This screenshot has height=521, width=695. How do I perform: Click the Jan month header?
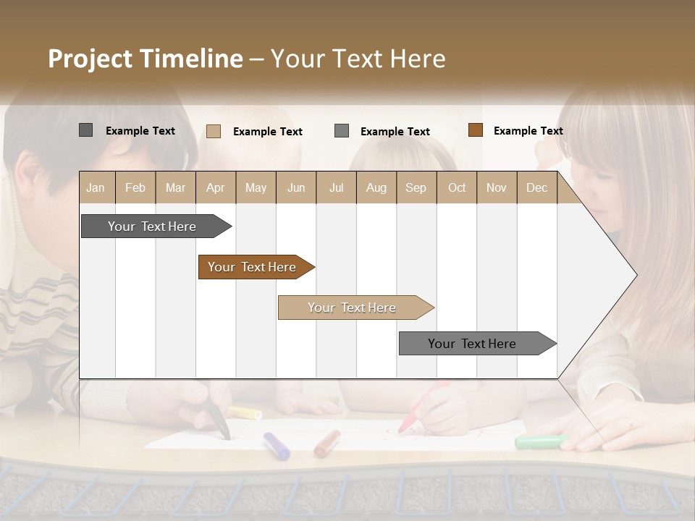tap(96, 188)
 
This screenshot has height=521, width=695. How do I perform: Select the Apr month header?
tap(216, 188)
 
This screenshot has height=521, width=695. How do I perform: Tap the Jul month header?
tap(336, 188)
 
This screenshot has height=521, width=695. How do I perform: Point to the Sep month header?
tap(416, 188)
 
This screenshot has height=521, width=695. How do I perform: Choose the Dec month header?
tap(536, 188)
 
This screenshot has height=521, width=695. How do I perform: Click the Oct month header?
tap(457, 188)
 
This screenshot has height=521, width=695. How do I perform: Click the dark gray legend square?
tap(86, 130)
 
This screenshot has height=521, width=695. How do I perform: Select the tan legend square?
tap(214, 131)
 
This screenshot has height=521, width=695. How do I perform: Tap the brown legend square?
tap(475, 130)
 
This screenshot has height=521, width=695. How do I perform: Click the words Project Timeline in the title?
tap(145, 59)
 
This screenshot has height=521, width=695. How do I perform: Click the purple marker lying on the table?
tap(277, 446)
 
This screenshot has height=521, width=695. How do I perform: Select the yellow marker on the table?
tap(245, 413)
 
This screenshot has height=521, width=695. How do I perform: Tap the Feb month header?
tap(135, 188)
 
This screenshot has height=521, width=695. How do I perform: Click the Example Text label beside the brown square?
tap(528, 131)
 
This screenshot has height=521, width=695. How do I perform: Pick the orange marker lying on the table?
tap(327, 443)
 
